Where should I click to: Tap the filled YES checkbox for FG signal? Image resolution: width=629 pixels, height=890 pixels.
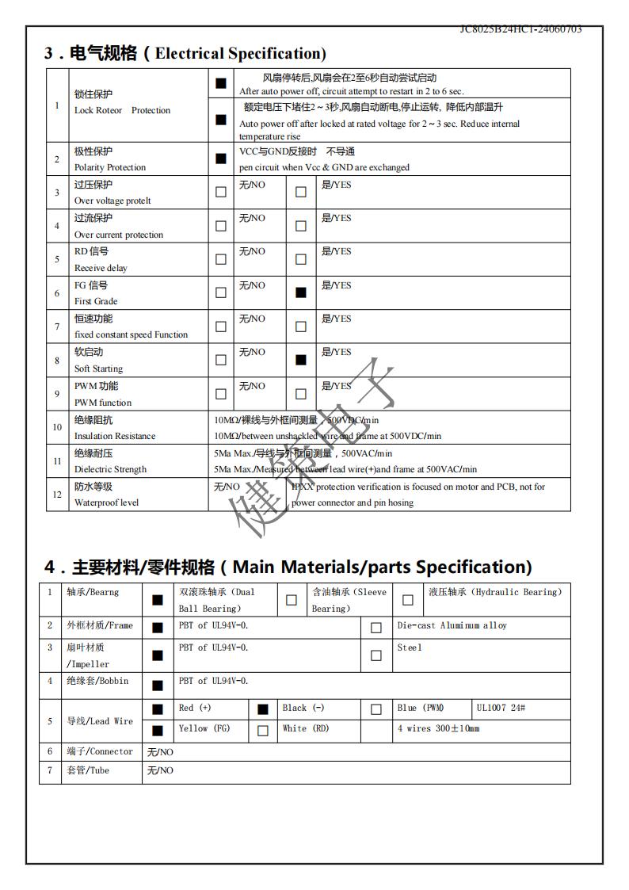point(300,292)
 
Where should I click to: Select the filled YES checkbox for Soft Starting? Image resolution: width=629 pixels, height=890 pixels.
point(300,360)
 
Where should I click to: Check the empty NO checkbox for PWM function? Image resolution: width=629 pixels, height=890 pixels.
point(220,394)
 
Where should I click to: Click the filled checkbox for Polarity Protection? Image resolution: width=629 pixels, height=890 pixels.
point(220,159)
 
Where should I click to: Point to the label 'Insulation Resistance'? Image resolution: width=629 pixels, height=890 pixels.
point(115,436)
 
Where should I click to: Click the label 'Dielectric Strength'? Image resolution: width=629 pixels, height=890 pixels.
point(110,469)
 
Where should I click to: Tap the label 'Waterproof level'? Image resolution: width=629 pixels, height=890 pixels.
point(106,502)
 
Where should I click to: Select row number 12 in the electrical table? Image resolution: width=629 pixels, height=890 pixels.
point(57,495)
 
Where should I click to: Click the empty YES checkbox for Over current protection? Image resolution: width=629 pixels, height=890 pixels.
point(300,226)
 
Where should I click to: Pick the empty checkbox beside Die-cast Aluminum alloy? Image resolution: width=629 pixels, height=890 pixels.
point(376,628)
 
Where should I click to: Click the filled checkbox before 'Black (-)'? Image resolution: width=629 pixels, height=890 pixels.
point(263,709)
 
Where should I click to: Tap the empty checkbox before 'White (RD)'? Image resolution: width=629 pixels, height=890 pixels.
point(263,731)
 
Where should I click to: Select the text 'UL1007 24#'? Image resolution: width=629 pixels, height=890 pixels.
point(501,708)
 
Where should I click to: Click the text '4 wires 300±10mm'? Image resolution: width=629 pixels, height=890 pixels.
point(438,728)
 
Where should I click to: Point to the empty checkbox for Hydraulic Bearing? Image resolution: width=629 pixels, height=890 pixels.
point(408,600)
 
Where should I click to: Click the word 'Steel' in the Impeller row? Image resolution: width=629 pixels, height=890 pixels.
point(410,647)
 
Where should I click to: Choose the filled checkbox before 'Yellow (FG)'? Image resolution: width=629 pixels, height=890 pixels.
point(158,731)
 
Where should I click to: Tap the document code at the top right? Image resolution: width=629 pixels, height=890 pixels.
point(520,29)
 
